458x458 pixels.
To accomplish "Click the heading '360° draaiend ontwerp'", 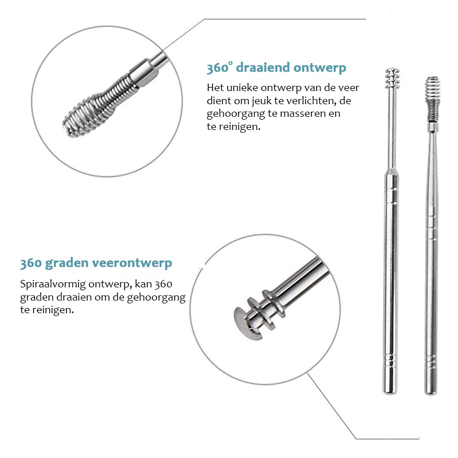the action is [x=277, y=68].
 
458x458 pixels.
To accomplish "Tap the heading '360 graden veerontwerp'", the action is [x=96, y=263].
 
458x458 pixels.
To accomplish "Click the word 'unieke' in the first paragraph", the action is [x=242, y=88].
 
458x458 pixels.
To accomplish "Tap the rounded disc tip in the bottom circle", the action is [x=247, y=323].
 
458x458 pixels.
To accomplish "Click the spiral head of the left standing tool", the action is [x=392, y=78].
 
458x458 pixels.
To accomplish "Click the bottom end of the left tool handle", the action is [x=390, y=393].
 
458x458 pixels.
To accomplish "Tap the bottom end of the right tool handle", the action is [x=431, y=393].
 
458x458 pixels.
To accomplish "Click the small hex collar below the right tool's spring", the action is [x=433, y=127].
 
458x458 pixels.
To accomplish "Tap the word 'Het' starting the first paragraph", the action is [x=215, y=88].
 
